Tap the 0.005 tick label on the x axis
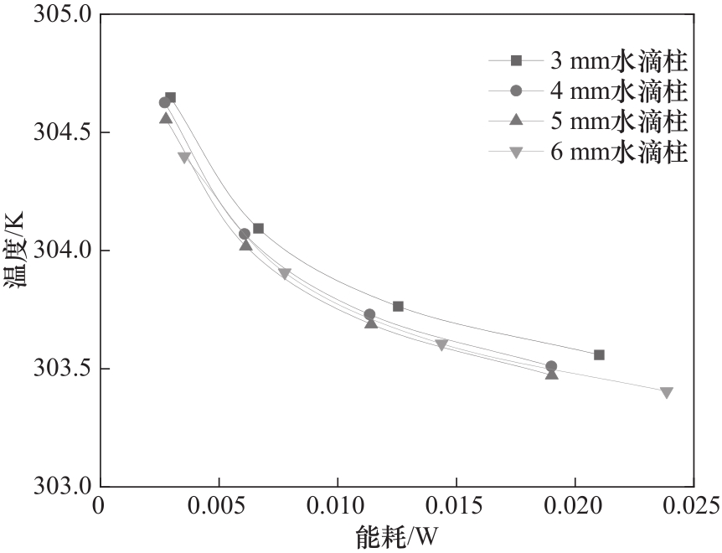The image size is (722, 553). point(219,506)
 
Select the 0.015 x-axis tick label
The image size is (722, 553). point(456,506)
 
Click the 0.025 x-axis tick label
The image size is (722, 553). point(693,506)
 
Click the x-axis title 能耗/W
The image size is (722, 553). point(397,535)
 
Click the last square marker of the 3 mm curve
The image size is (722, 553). point(599,354)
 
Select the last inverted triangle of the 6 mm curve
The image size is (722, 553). point(666,392)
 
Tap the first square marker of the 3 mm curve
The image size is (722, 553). point(170,97)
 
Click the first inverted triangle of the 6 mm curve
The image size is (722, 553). point(184,158)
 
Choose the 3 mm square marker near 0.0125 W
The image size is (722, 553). point(398,306)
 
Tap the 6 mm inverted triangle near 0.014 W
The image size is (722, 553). point(441,345)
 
